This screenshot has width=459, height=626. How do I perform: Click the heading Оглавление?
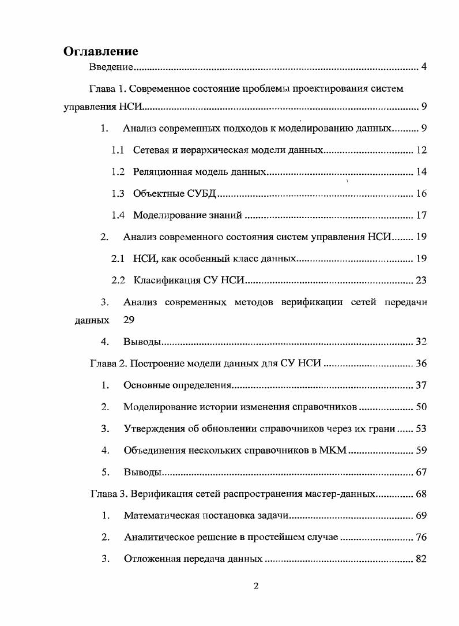(x=101, y=51)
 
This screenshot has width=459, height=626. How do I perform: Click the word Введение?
(x=111, y=68)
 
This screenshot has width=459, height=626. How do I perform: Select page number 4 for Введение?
(x=423, y=68)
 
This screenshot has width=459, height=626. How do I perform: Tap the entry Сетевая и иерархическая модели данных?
(x=227, y=151)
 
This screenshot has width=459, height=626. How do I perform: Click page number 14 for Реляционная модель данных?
(x=421, y=172)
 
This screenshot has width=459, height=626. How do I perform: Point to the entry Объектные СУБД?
(x=174, y=194)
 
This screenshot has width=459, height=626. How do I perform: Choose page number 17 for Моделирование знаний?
(x=421, y=215)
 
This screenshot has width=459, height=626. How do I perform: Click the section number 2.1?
(x=118, y=258)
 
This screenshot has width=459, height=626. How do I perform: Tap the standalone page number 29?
(x=129, y=319)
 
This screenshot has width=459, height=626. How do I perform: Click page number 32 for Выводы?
(x=421, y=342)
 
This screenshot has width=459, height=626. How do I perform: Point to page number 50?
(x=421, y=407)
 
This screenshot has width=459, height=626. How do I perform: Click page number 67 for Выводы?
(x=421, y=472)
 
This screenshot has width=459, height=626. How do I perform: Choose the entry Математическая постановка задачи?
(x=206, y=515)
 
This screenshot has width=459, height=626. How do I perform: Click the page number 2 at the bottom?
(x=257, y=586)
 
